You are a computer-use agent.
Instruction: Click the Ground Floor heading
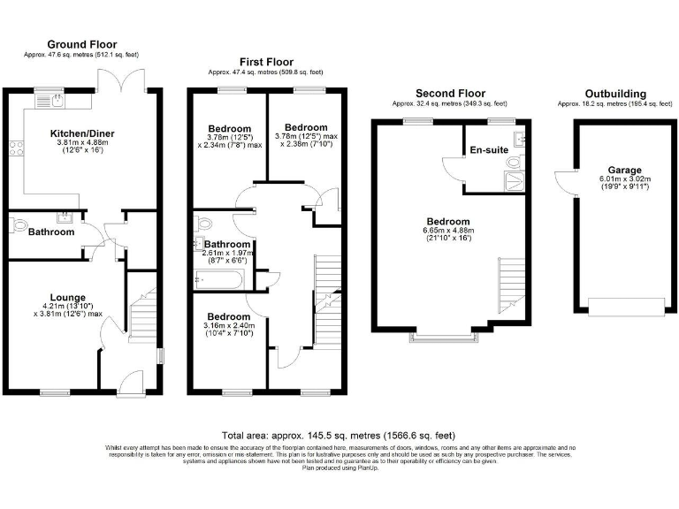tap(81, 44)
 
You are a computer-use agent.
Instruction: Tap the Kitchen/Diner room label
tap(81, 133)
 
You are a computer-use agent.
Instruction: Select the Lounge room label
tap(67, 297)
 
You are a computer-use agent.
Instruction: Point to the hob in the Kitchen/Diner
tap(14, 149)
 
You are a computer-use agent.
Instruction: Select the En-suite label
tap(489, 150)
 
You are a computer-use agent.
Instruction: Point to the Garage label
tap(624, 170)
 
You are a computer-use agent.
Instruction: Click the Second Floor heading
tap(451, 94)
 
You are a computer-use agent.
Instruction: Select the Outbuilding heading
tap(615, 94)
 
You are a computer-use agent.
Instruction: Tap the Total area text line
tap(339, 436)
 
